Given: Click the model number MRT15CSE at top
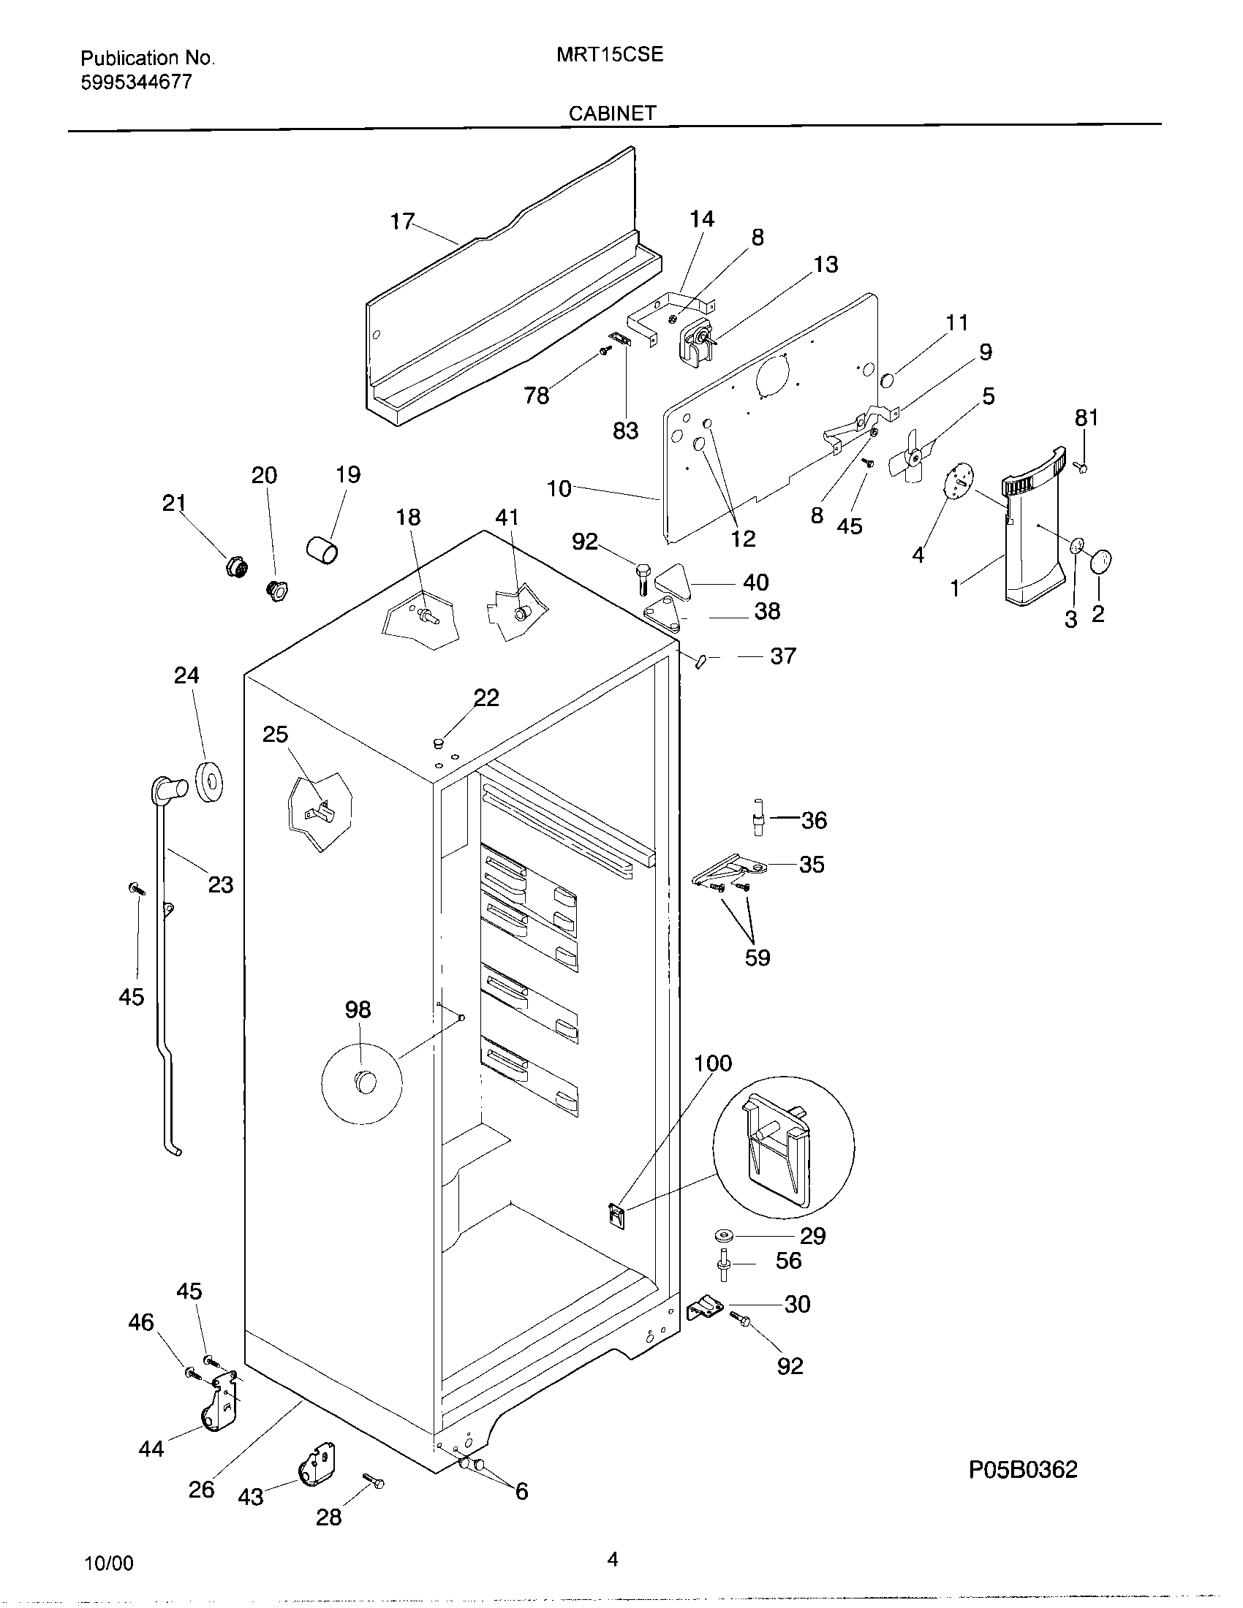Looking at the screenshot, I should tap(611, 55).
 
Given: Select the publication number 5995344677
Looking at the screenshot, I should tap(136, 82).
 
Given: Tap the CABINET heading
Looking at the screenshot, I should tap(612, 113).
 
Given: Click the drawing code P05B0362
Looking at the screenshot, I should tap(1023, 1470).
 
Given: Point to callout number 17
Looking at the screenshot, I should tap(402, 221).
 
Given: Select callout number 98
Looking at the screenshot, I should tap(358, 1009).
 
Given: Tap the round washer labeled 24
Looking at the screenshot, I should tap(211, 782).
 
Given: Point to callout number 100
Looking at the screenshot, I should tap(713, 1063).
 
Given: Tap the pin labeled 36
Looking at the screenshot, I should tap(757, 816).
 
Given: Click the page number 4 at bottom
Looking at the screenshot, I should tap(612, 1559).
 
